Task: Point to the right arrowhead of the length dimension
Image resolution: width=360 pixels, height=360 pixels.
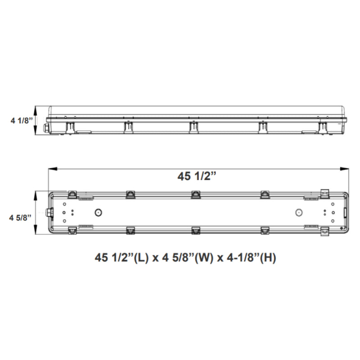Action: click(347, 169)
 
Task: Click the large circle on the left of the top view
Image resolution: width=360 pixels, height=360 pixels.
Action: click(98, 212)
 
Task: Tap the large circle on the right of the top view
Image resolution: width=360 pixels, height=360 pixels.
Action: click(297, 212)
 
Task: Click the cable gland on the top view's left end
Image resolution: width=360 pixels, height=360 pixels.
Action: click(47, 212)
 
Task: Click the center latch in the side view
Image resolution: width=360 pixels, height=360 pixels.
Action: click(193, 127)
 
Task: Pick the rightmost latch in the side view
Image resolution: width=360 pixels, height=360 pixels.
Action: click(323, 127)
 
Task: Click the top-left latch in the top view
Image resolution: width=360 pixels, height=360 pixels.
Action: click(72, 194)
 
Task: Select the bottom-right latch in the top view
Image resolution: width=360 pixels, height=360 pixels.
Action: click(325, 231)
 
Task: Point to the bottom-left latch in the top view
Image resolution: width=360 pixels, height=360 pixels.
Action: click(72, 231)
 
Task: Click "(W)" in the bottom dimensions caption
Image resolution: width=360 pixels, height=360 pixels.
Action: click(204, 258)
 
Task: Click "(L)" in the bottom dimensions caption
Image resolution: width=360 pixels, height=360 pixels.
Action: click(138, 258)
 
